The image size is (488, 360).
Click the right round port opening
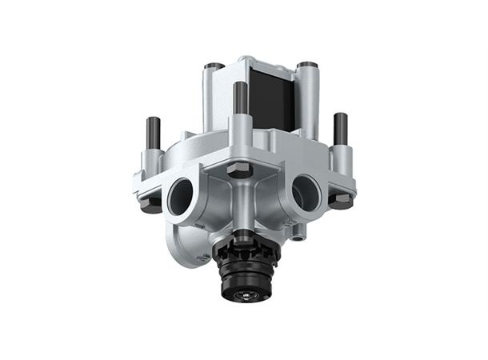click(305, 191)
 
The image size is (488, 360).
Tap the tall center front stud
click(240, 98)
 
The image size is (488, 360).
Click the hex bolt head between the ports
click(240, 170)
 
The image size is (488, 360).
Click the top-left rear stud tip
click(213, 66)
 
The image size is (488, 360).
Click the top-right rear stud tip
click(305, 65)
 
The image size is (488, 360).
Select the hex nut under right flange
click(342, 201)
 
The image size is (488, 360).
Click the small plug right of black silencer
click(298, 237)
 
